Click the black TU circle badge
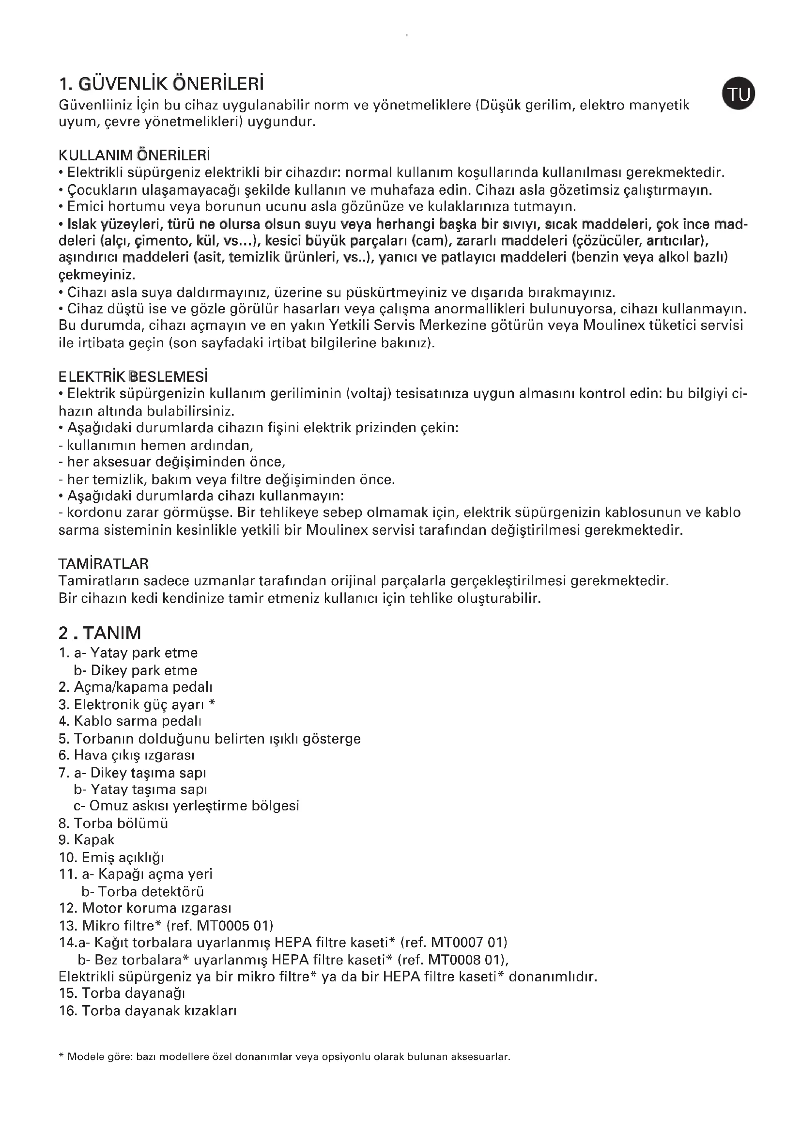(x=739, y=93)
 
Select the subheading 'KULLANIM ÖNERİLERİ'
(x=134, y=155)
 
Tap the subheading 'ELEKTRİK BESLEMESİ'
(x=133, y=377)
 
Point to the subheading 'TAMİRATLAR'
(x=103, y=563)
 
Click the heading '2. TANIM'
(x=100, y=633)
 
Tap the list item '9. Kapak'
(x=86, y=840)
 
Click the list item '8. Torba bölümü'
(x=113, y=823)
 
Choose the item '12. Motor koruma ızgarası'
(x=145, y=908)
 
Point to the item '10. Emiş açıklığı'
(x=111, y=857)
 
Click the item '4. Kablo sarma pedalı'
(x=130, y=721)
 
